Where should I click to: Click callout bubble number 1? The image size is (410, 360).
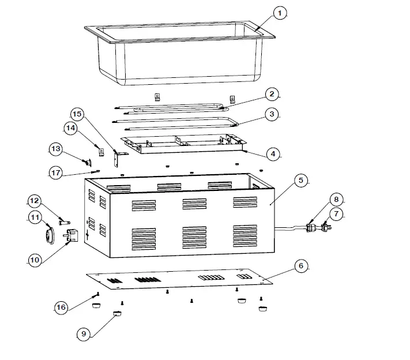(x=279, y=13)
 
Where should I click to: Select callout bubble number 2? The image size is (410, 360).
(x=272, y=93)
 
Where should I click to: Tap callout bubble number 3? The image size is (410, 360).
(x=272, y=114)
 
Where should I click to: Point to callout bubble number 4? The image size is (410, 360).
(x=272, y=154)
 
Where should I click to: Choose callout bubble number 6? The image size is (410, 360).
(x=300, y=266)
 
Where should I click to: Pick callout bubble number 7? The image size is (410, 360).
(x=336, y=214)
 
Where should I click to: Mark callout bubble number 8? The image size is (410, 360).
(x=336, y=200)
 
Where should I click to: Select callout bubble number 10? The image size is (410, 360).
(x=35, y=260)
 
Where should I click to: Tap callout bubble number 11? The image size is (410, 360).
(x=35, y=217)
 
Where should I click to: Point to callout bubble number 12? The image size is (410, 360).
(x=35, y=201)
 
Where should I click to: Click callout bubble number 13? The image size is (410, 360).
(x=55, y=149)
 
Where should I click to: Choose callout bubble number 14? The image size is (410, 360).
(x=70, y=129)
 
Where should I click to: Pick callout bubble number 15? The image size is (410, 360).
(x=78, y=113)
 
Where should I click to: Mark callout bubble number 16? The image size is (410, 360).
(x=62, y=307)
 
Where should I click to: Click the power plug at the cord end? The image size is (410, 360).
(x=327, y=230)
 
